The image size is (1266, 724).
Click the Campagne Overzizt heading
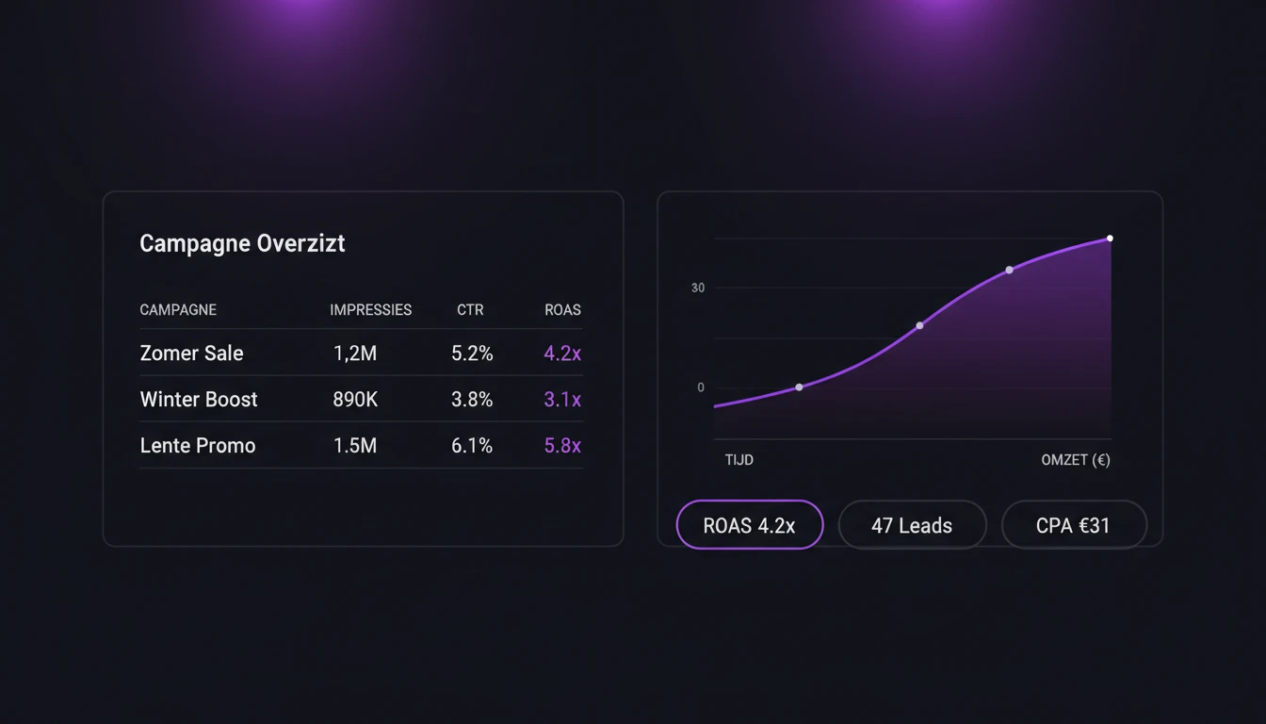[242, 243]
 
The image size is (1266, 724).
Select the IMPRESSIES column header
[370, 309]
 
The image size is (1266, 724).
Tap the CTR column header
[470, 309]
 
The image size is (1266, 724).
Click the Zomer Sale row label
[191, 354]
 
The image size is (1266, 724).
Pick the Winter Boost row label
[199, 400]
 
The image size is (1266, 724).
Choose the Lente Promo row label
[198, 446]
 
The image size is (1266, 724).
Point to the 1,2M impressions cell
[355, 354]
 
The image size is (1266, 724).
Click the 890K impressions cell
[355, 400]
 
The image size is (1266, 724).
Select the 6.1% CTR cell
[472, 446]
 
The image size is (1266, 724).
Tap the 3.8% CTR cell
[472, 400]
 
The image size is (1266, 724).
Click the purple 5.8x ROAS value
[562, 446]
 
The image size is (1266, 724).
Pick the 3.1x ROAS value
[562, 400]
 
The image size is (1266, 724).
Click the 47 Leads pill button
[912, 525]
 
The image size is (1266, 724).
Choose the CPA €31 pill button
[1073, 525]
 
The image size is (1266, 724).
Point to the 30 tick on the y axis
[698, 288]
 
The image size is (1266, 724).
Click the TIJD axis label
[739, 460]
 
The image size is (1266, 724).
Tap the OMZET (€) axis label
[1076, 460]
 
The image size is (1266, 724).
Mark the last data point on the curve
[1110, 239]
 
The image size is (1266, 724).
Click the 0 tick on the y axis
[701, 387]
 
